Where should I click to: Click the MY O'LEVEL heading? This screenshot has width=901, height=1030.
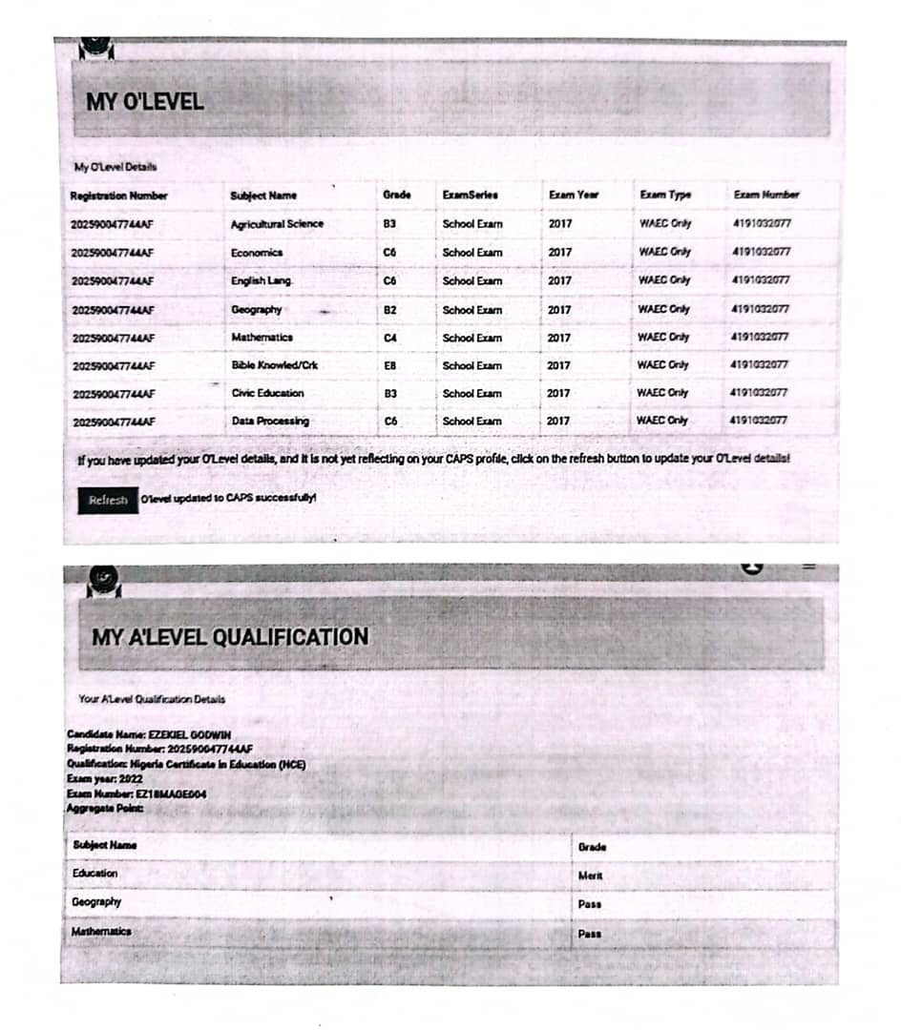point(145,102)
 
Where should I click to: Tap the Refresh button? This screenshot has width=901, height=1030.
point(107,500)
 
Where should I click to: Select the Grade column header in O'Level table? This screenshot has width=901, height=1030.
point(396,195)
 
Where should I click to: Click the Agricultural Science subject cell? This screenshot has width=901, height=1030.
point(277,224)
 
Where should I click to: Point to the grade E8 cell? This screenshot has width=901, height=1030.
point(389,365)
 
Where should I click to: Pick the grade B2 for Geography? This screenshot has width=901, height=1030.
point(389,309)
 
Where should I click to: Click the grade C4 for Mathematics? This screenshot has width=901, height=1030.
point(389,338)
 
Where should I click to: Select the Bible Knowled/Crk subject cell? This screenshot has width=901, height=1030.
point(274,365)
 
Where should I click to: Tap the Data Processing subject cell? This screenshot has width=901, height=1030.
point(270,421)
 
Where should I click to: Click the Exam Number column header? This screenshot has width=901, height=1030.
point(765,195)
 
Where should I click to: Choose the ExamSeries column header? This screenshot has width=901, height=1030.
point(470,195)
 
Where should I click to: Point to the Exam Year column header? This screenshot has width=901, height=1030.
point(574,195)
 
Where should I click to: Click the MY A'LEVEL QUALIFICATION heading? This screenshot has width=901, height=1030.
point(230,636)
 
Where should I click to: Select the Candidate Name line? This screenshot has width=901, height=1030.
point(149,734)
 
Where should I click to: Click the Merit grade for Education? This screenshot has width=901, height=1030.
point(590,875)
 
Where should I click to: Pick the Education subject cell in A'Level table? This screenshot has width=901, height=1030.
point(95,874)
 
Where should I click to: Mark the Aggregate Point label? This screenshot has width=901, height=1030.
point(104,809)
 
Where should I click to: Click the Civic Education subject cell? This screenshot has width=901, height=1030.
point(267,393)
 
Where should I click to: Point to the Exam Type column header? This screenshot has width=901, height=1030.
point(665,195)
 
